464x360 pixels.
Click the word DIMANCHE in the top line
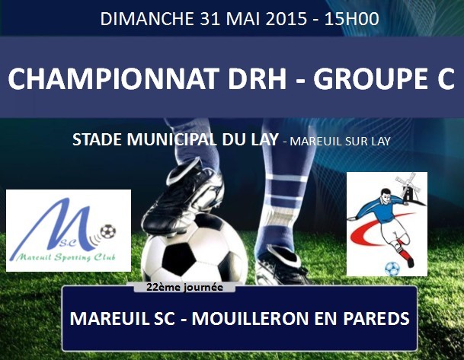(x=147, y=19)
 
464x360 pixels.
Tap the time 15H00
(x=352, y=19)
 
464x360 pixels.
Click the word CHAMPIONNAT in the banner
(x=114, y=78)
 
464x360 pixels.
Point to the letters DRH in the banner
(x=258, y=78)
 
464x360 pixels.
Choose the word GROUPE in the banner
(x=368, y=78)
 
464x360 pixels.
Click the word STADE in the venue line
(x=97, y=139)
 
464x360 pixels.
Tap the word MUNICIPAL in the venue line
(x=171, y=139)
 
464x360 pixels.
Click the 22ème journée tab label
(x=184, y=287)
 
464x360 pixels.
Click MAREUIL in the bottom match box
(x=110, y=319)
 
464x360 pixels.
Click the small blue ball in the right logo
(x=392, y=269)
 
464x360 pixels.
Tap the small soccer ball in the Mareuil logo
(x=108, y=231)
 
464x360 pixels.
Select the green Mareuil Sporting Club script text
(x=66, y=257)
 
